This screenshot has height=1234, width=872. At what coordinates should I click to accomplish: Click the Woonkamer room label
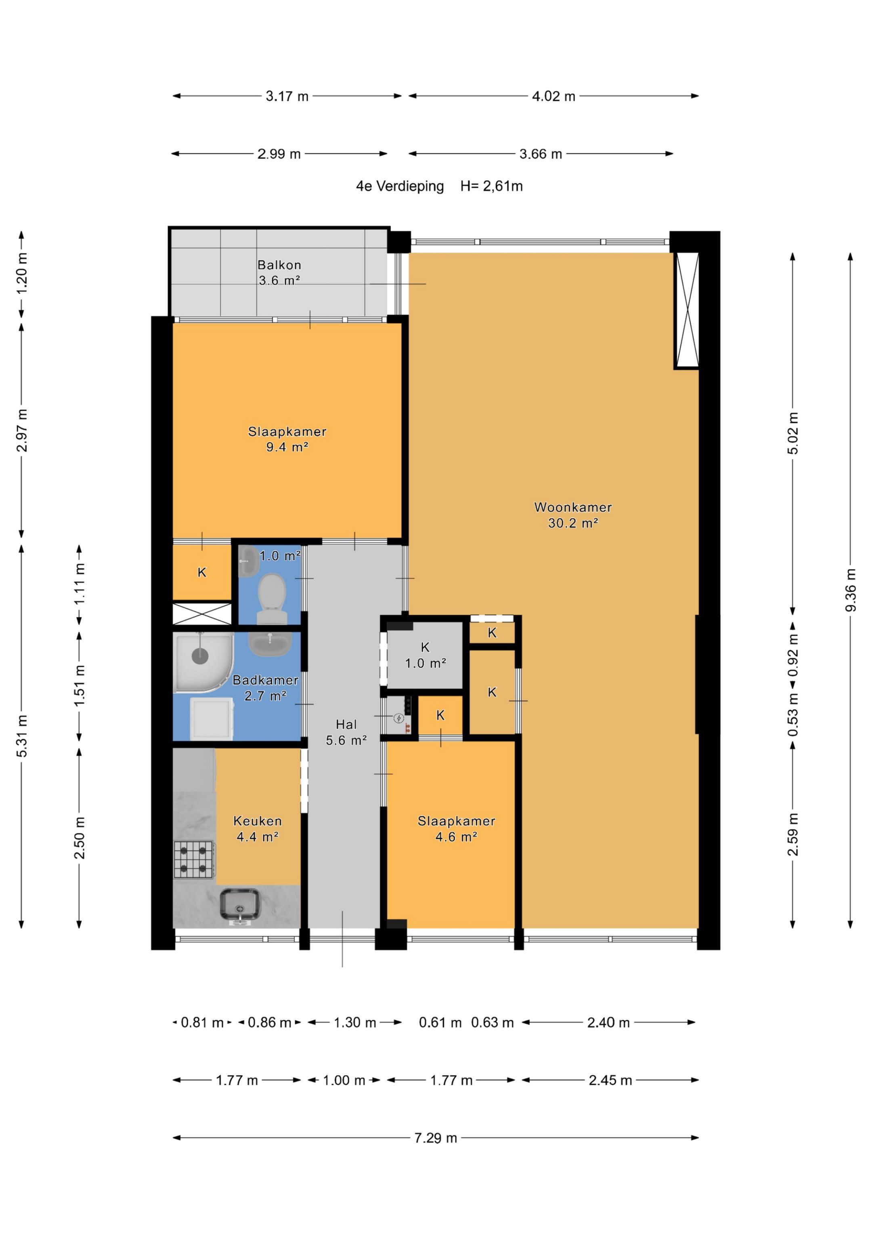573,507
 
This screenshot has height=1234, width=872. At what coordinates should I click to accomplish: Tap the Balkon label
279,265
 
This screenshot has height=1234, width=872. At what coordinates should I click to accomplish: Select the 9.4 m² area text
287,447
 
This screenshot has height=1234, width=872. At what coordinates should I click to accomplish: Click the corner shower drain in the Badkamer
200,656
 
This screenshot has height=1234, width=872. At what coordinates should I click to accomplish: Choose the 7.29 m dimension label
436,1138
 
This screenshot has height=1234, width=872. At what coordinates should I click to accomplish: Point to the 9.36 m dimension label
851,590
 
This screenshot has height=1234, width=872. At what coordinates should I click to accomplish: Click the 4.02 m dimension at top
553,96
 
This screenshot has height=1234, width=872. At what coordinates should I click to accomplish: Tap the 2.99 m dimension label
279,154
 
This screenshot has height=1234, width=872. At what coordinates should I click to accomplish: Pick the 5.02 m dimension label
793,433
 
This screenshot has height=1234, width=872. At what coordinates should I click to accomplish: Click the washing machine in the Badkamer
212,718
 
